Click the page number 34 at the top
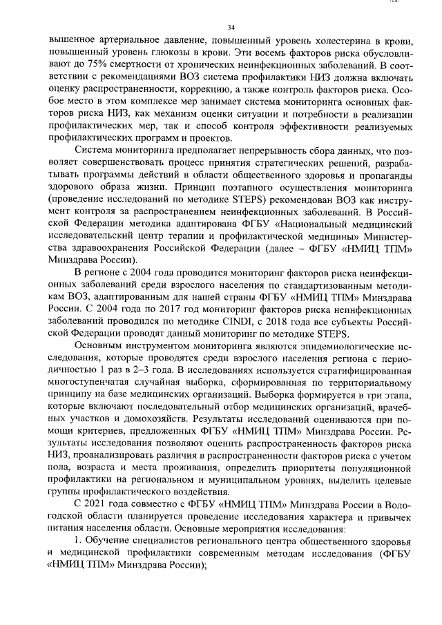point(231,27)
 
